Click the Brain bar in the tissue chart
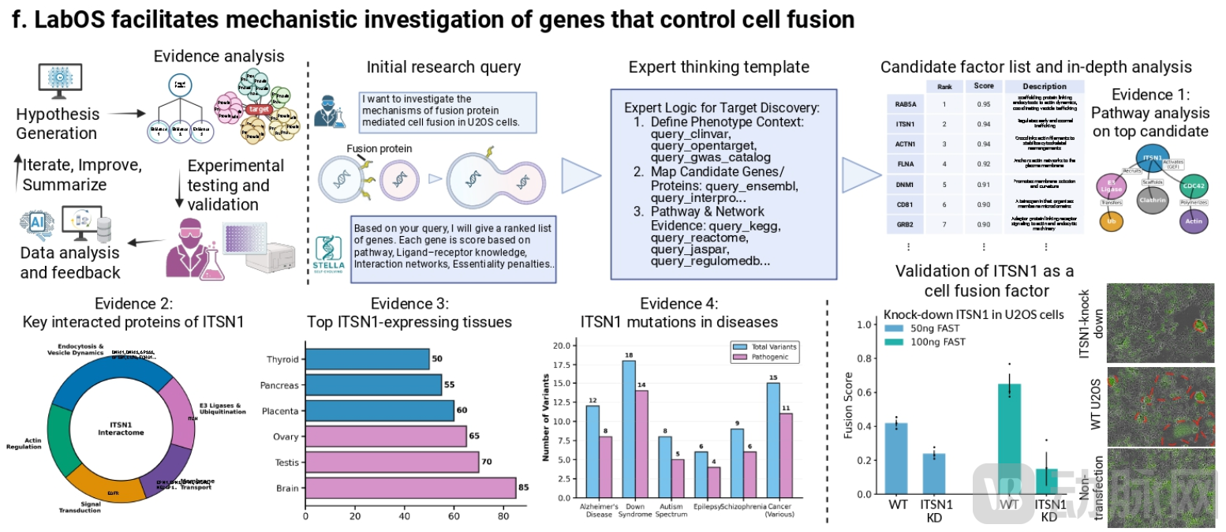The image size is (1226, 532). coord(410,488)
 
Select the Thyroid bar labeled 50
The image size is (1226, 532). coord(367,359)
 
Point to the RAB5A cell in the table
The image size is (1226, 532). coord(904,103)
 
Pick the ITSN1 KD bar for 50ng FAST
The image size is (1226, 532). coord(934,473)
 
